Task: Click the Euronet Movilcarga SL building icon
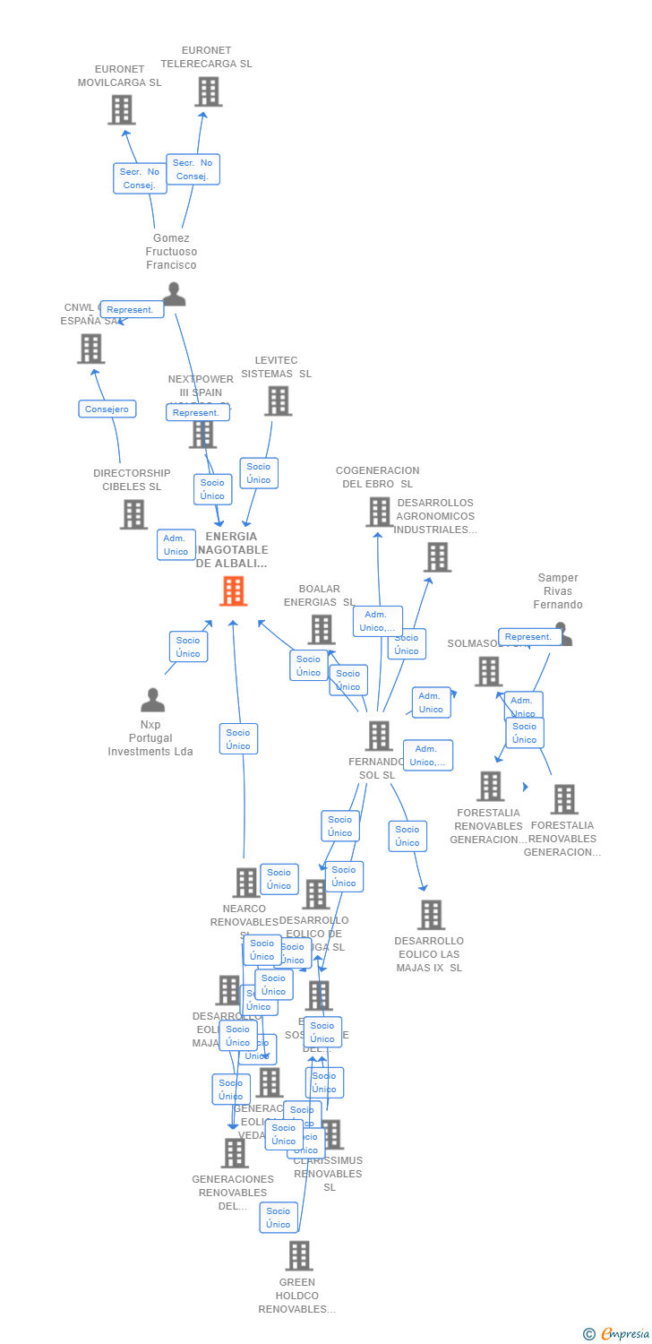tap(122, 109)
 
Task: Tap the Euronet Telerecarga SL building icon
tap(208, 91)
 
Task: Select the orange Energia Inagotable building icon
tap(233, 591)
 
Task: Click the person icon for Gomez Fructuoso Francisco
tap(174, 294)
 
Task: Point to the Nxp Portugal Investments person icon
tap(153, 700)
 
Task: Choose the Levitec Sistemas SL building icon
tap(278, 401)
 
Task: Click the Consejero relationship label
tap(107, 409)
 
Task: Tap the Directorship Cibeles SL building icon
tap(133, 514)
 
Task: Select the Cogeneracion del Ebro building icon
tap(379, 512)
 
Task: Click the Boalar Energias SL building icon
tap(321, 629)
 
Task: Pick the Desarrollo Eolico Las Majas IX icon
tap(431, 915)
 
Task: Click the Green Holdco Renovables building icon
tap(299, 1255)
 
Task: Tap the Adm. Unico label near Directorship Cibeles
tap(176, 545)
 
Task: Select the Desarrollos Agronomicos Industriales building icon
tap(437, 557)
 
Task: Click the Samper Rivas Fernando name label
tap(557, 591)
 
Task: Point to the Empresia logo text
tap(624, 1334)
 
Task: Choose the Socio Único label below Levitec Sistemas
tap(259, 473)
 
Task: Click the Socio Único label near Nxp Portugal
tap(188, 646)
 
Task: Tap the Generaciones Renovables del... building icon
tap(235, 1153)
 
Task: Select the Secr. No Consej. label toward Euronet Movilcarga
tap(140, 178)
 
